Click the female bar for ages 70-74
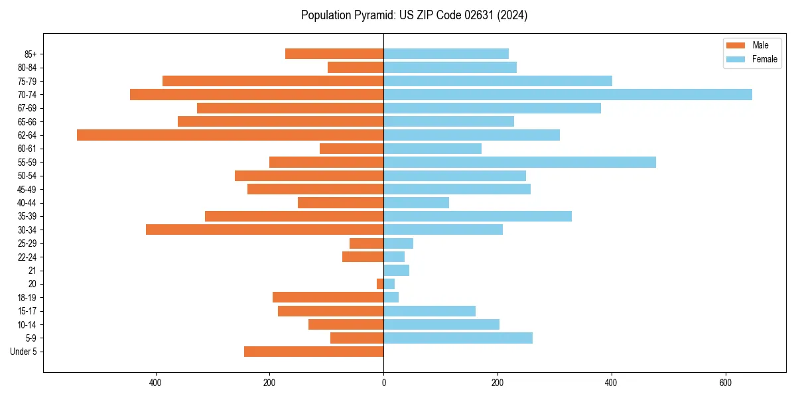coord(568,94)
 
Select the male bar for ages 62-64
coord(230,135)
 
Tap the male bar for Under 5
coord(314,352)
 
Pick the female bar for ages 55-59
coord(519,162)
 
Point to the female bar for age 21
coord(396,270)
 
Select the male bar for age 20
coord(380,284)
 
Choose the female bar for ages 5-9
coord(458,338)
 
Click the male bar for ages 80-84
coord(356,67)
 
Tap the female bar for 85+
coord(446,54)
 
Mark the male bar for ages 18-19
coord(328,297)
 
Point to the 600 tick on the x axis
coord(725,383)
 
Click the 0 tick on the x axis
coord(383,383)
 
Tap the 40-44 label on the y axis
coord(27,203)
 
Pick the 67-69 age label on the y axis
coord(27,108)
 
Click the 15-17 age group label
coord(27,311)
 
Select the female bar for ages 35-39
coord(478,216)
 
